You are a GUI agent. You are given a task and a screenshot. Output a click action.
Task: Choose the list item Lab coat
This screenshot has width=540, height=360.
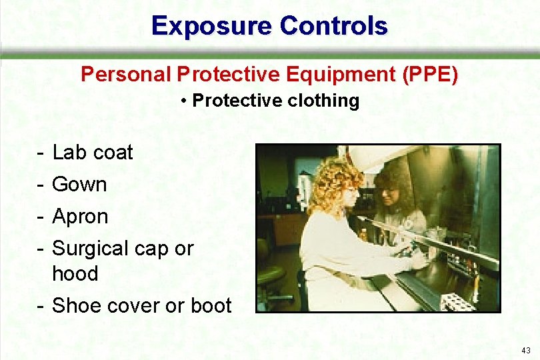[92, 153]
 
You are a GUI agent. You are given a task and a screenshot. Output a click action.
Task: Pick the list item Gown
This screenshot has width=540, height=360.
[79, 185]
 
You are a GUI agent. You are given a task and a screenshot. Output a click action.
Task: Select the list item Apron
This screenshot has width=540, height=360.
[80, 217]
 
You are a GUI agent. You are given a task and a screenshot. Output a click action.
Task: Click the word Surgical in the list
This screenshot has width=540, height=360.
[89, 249]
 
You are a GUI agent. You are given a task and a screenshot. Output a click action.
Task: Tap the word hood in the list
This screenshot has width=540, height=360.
[75, 273]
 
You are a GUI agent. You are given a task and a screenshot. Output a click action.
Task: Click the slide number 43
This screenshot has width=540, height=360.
[526, 350]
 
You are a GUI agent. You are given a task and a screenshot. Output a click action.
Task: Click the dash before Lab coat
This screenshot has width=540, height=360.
[41, 153]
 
